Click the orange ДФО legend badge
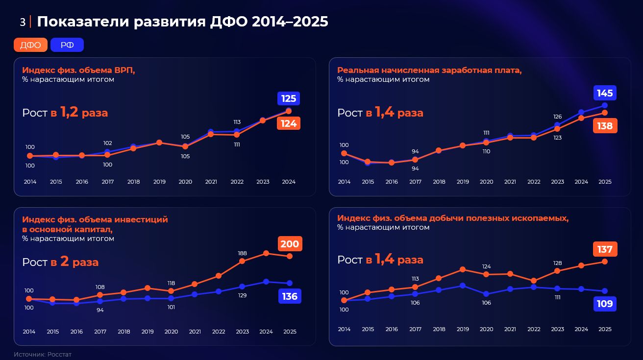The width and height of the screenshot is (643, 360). point(30,45)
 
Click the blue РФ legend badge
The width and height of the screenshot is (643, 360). point(67,45)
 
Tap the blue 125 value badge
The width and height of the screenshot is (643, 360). point(289,98)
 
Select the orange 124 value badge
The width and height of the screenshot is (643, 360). point(289,123)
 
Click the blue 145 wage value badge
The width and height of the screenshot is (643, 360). point(605,93)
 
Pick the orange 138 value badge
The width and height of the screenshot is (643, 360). point(605,126)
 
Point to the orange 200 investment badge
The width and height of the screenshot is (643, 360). point(290,244)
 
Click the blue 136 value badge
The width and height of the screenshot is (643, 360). point(290,296)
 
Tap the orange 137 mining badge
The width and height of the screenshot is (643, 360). point(605,249)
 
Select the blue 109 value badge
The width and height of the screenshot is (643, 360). point(605,304)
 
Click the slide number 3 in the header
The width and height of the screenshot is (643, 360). point(23,22)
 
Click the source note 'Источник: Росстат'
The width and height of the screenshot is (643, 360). point(43,354)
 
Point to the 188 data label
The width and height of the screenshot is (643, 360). point(242,253)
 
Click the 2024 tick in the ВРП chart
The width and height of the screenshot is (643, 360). point(289,182)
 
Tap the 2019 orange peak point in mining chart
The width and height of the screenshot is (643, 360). point(463,269)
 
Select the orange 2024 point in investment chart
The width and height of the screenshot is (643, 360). point(266,253)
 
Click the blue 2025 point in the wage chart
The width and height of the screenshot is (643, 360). point(605,105)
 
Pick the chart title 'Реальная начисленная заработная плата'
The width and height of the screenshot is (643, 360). point(429,70)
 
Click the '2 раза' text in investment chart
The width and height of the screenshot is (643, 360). point(79,262)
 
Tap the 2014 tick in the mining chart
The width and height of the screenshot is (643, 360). point(344,329)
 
